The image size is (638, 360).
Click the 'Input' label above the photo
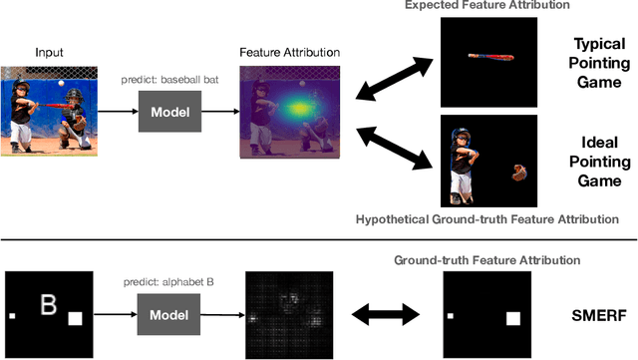click(50, 52)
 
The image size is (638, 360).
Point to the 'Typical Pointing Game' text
click(599, 61)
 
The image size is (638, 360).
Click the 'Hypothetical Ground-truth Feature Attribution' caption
click(487, 218)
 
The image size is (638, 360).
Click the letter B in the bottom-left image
click(45, 302)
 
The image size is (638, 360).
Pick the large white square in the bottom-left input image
click(74, 319)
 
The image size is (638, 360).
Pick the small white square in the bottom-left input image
click(13, 317)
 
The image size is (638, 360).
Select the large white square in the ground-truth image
click(513, 319)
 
